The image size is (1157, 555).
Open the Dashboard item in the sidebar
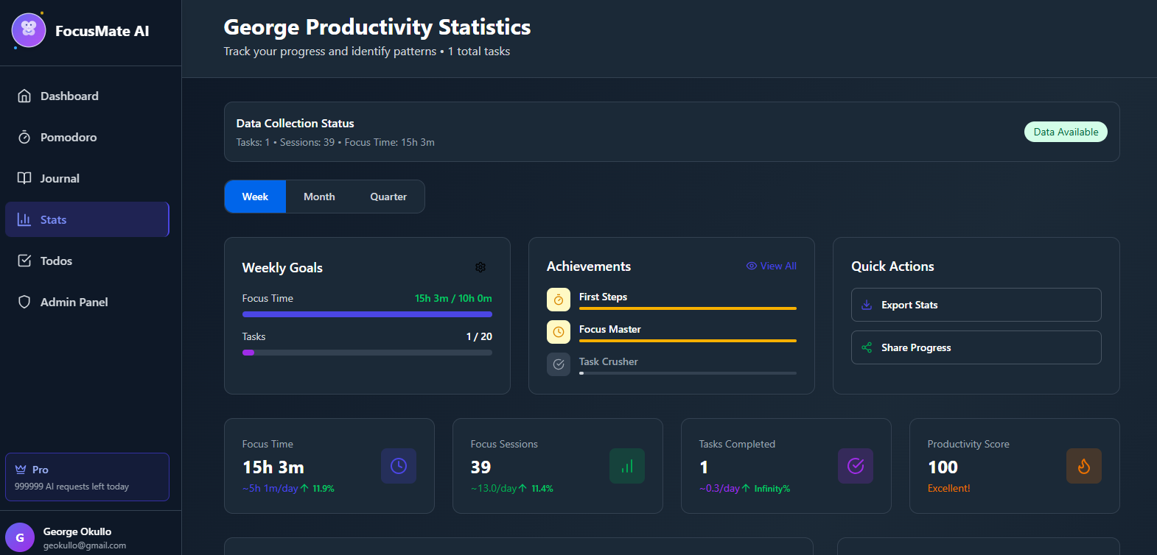click(69, 96)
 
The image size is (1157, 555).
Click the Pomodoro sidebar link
click(69, 138)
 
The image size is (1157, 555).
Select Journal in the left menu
click(60, 179)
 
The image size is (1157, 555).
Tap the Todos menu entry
click(56, 261)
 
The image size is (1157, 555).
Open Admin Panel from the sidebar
click(74, 303)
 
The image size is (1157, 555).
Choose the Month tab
click(319, 197)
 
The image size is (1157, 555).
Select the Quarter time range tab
click(388, 197)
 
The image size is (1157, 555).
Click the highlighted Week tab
click(255, 197)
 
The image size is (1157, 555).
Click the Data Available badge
click(1066, 132)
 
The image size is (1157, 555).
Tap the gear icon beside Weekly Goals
click(480, 267)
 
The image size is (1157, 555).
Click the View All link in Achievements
click(772, 266)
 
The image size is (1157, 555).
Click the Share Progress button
click(976, 347)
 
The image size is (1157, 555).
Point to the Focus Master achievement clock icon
click(559, 332)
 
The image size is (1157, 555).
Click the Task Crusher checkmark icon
click(559, 364)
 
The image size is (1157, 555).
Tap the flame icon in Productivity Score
click(1083, 466)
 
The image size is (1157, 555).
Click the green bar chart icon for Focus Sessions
click(626, 466)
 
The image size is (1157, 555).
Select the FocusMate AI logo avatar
click(29, 30)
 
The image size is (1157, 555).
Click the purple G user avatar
click(20, 537)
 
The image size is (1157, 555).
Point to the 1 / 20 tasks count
click(479, 336)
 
